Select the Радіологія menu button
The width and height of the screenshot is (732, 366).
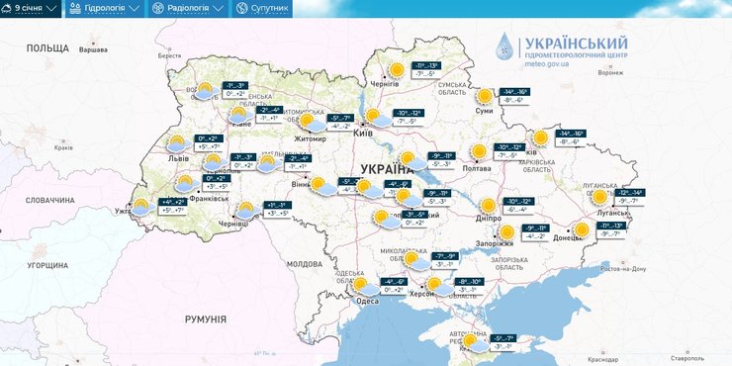click(188, 9)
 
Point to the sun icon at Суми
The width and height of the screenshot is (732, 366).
click(484, 96)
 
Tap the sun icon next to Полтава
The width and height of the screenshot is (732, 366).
click(480, 151)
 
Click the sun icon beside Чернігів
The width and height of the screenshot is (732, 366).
click(397, 69)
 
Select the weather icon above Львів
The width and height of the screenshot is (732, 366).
click(177, 142)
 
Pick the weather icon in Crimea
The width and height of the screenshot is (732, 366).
click(479, 342)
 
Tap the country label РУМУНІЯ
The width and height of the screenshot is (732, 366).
click(206, 320)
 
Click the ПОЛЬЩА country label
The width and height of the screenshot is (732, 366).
click(47, 47)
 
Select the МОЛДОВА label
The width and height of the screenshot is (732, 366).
click(304, 265)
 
